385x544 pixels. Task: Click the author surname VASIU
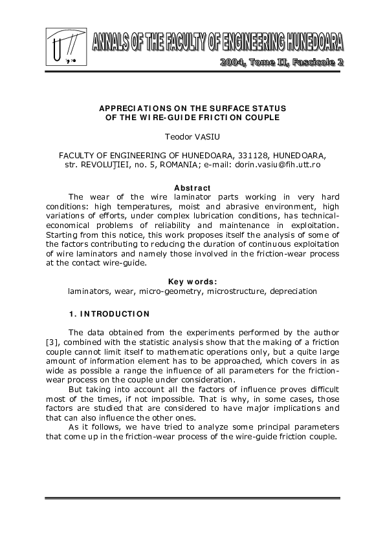[x=206, y=138]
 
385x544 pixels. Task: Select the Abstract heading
[x=192, y=187]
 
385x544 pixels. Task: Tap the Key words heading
[x=192, y=282]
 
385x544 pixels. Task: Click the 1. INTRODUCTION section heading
[x=109, y=314]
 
